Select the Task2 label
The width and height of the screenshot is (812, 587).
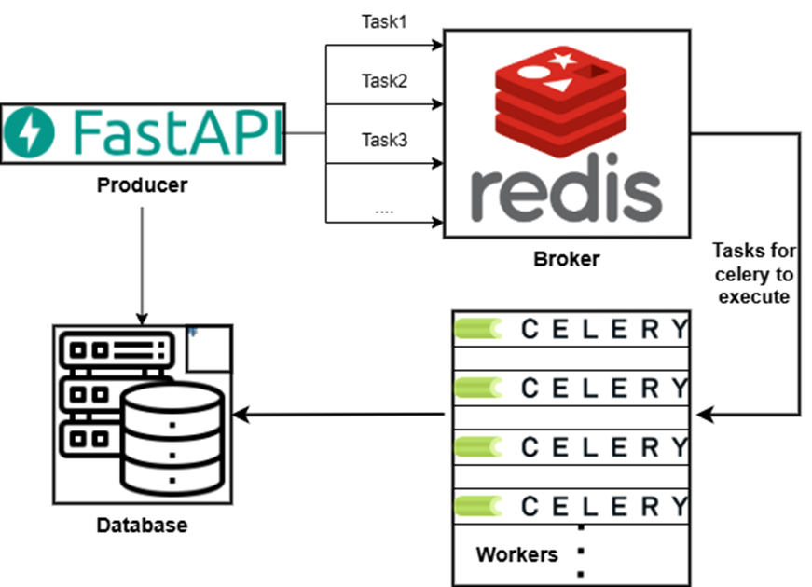click(x=384, y=81)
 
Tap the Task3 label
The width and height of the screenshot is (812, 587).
click(x=384, y=141)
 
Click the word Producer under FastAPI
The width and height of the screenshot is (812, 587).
click(x=142, y=185)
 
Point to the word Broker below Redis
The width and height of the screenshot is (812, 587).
click(x=566, y=259)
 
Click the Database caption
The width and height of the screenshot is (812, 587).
click(x=142, y=526)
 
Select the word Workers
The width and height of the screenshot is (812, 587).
click(x=516, y=555)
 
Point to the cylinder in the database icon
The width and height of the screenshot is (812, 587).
click(x=172, y=438)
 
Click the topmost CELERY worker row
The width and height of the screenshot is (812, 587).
click(x=571, y=329)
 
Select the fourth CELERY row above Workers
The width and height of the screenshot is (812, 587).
click(x=571, y=506)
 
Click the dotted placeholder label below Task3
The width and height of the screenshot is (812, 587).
click(x=384, y=210)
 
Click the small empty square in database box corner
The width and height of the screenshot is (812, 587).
click(x=208, y=348)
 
